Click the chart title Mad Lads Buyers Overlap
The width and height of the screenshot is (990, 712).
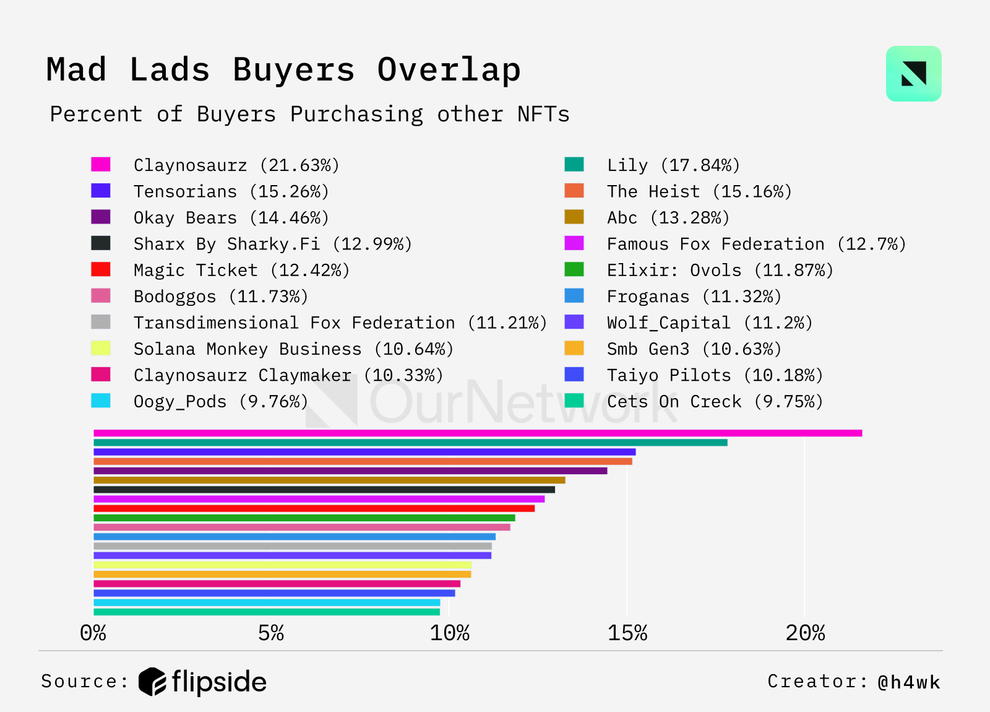pos(283,69)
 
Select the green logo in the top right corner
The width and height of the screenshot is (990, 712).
pos(913,74)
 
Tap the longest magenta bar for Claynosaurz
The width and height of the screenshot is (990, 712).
pos(477,433)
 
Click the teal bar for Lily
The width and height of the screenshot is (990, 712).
pos(410,443)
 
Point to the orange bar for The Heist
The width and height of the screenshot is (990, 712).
pos(363,461)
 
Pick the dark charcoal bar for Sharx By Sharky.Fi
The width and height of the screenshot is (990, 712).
pos(324,490)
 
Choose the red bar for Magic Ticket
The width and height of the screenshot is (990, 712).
pos(314,508)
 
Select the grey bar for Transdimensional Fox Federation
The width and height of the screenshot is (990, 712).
pos(293,546)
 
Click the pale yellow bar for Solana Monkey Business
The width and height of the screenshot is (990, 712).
pos(282,565)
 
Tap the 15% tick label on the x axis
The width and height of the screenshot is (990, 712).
pos(627,633)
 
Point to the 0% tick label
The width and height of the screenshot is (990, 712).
pos(93,633)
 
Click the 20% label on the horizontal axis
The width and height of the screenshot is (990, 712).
pos(805,633)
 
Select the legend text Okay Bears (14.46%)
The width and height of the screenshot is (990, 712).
pos(231,218)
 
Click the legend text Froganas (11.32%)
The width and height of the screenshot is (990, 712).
pos(694,297)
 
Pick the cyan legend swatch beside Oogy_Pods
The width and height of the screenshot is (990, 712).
pos(101,401)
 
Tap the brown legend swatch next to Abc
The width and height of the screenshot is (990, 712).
pos(574,217)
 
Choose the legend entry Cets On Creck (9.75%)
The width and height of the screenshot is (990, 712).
pos(715,402)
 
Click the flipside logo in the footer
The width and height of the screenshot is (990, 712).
pos(202,682)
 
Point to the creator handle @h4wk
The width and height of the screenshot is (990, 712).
pos(908,682)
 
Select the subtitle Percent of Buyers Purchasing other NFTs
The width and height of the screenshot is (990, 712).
pos(309,115)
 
